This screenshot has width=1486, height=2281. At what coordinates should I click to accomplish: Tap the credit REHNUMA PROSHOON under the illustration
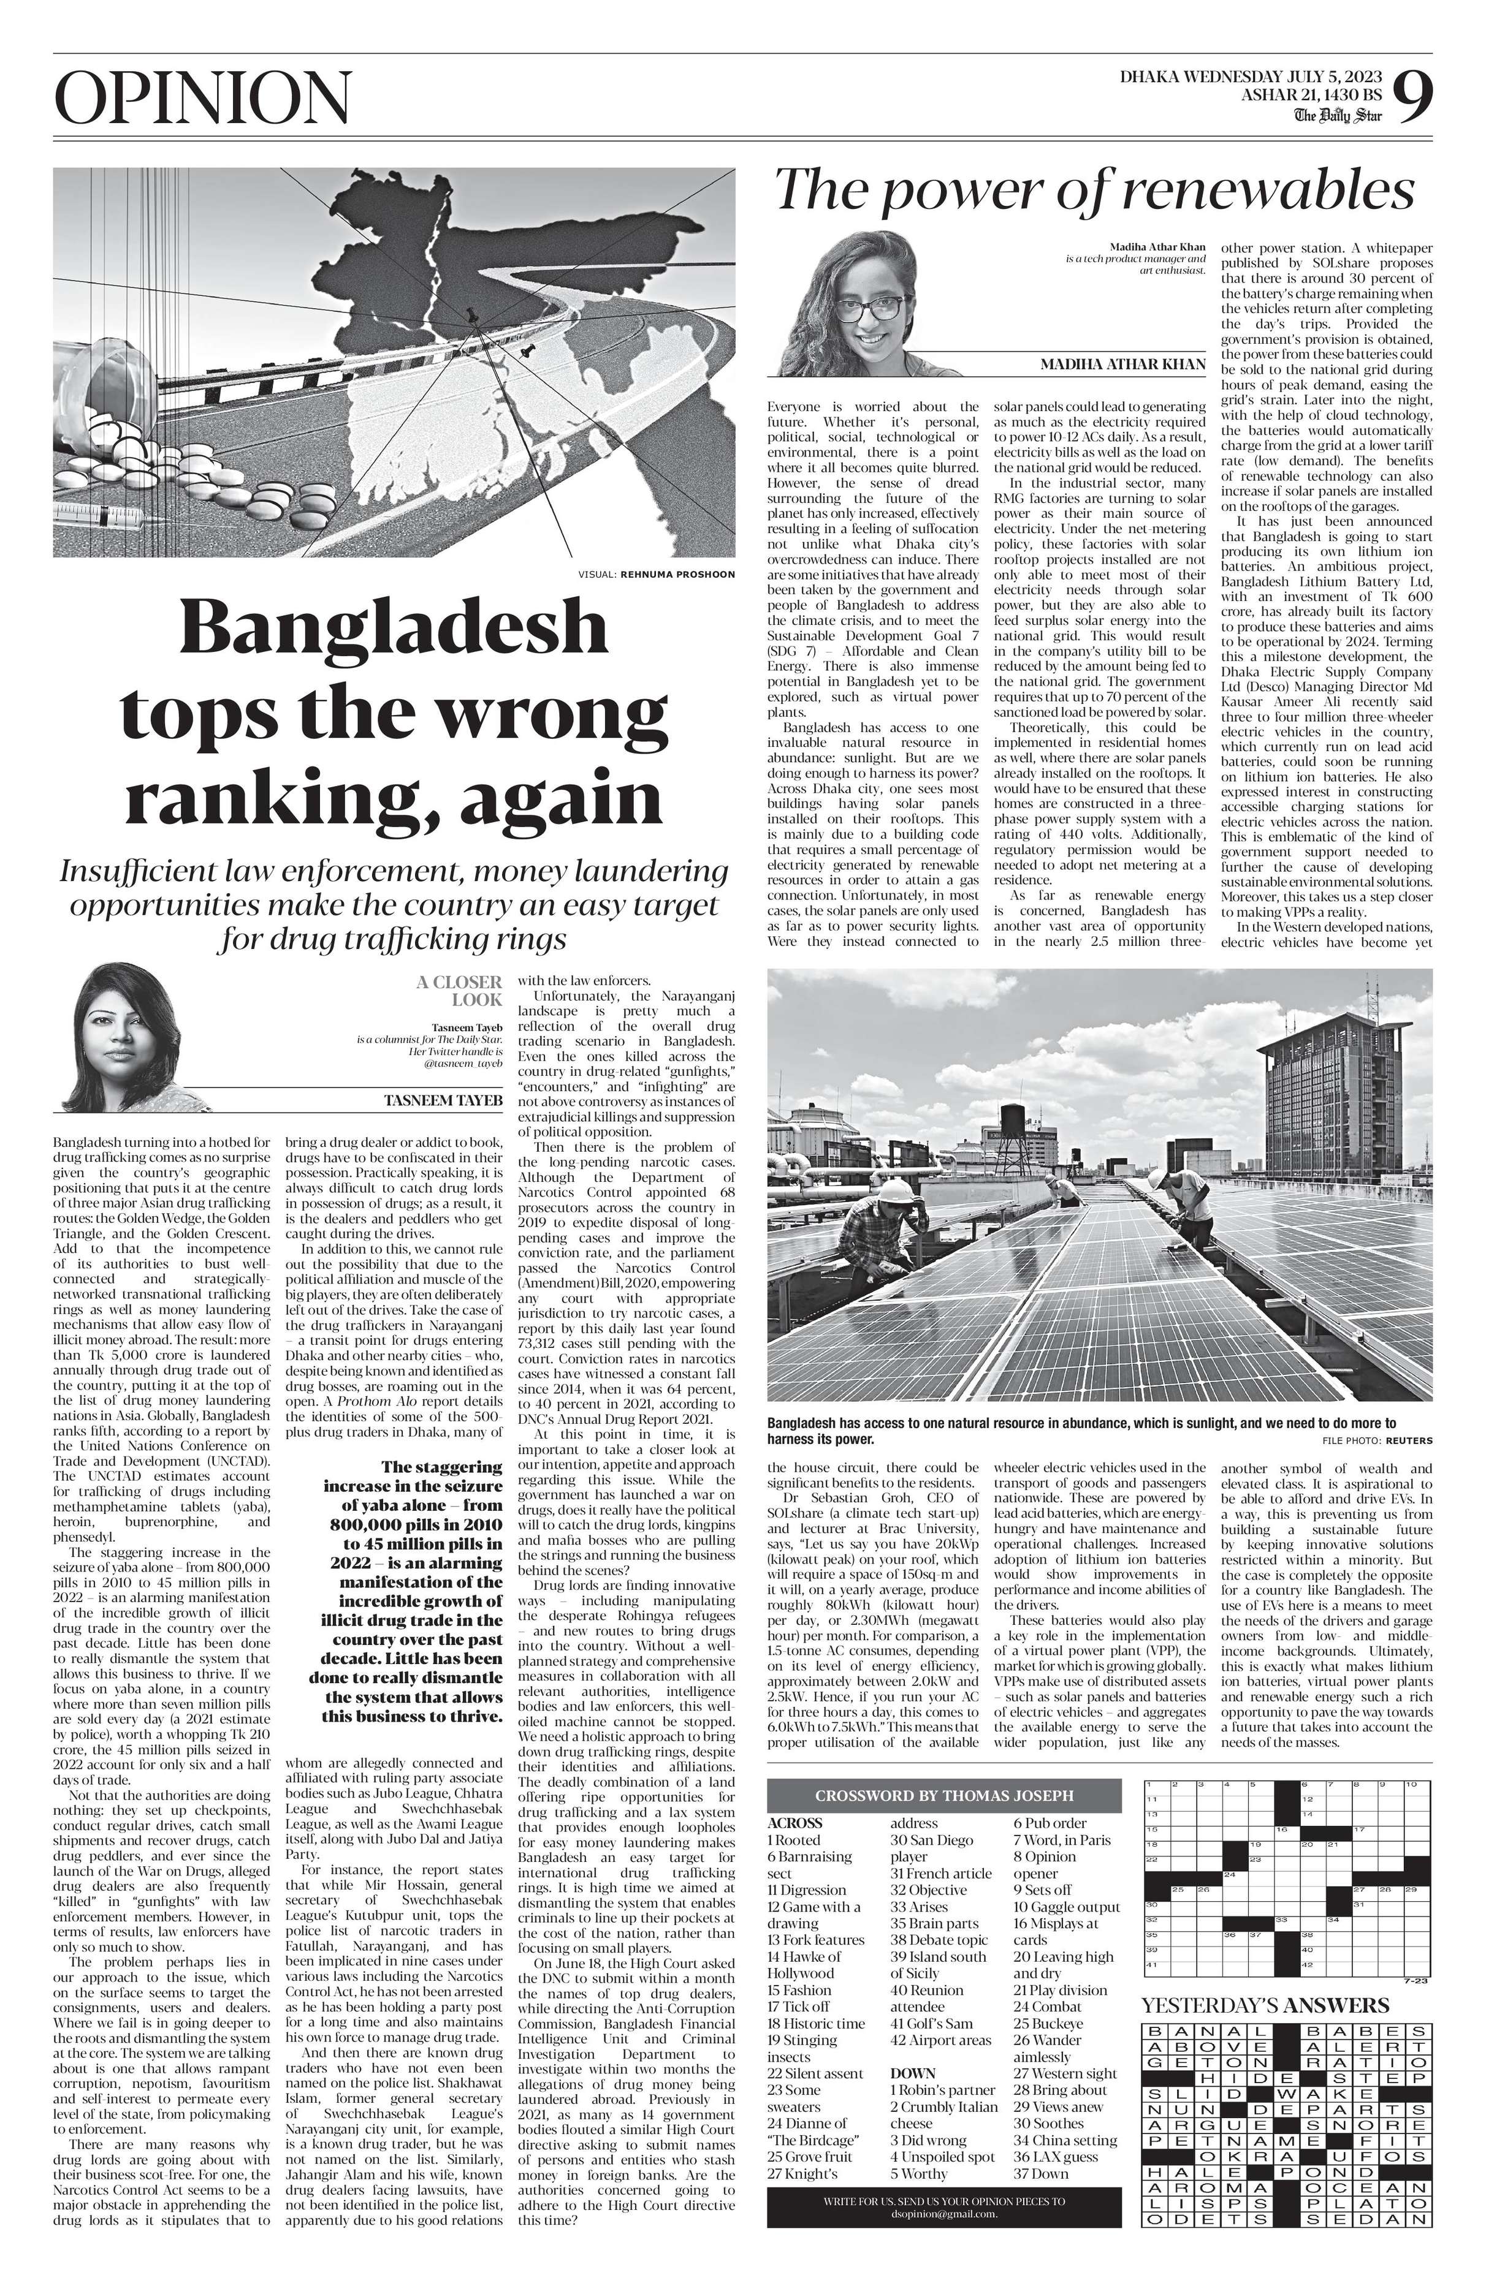coord(677,574)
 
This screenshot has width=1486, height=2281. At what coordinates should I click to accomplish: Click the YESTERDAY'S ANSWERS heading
coord(1265,2005)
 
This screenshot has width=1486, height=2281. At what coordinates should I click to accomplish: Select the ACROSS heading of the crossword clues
coord(794,1823)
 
